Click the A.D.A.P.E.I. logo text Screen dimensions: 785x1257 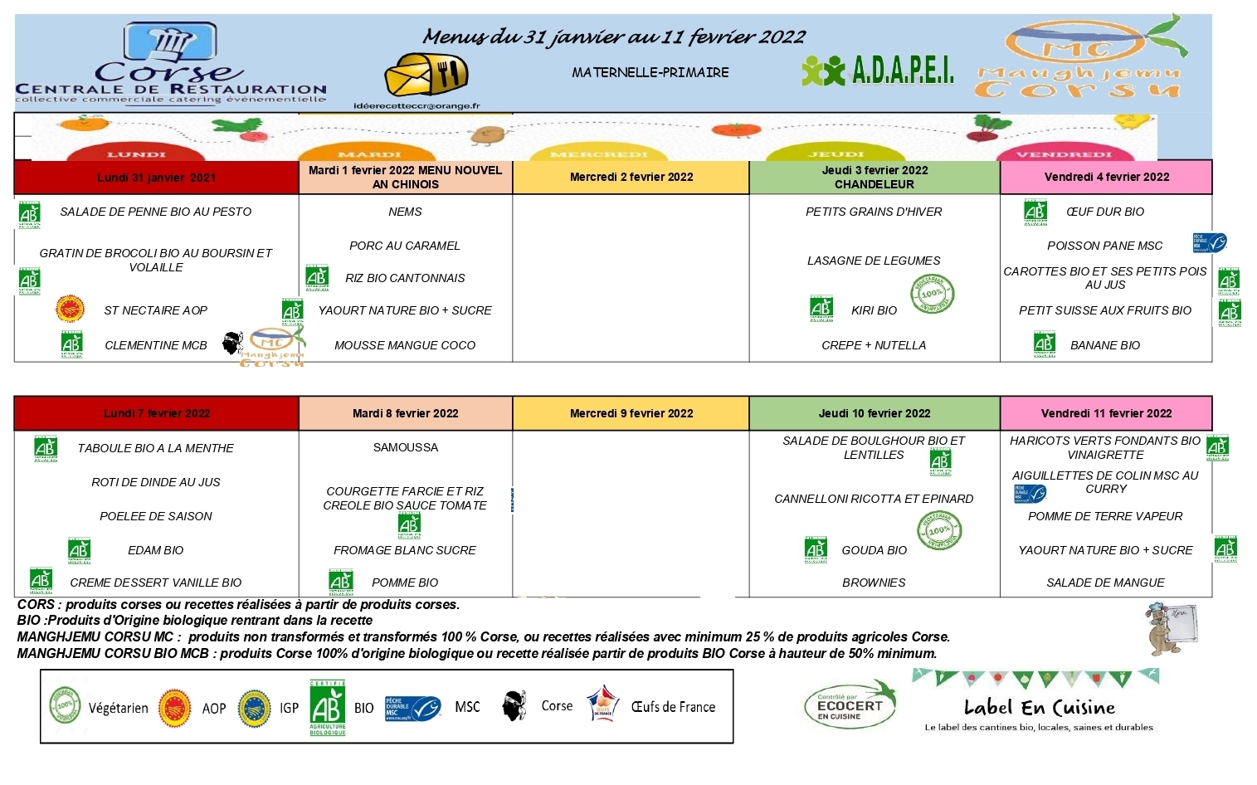(903, 71)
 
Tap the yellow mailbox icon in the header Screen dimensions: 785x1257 (426, 76)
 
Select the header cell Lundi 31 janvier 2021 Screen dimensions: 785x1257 (156, 178)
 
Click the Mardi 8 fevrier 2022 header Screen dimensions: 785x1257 (405, 413)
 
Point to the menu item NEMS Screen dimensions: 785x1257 (405, 212)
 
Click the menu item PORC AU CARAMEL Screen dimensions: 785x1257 (405, 246)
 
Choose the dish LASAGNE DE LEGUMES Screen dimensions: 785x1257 (874, 261)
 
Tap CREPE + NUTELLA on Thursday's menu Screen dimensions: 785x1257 (874, 345)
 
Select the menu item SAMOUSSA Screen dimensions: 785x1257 (405, 447)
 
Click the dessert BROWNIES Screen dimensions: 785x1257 (874, 583)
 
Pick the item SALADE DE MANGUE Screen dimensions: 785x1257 (1105, 583)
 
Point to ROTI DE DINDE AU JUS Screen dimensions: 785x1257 (156, 482)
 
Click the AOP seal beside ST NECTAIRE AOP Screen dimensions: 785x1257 (70, 309)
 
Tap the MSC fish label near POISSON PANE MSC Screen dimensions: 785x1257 (1209, 243)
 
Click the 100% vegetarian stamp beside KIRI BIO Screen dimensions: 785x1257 (932, 294)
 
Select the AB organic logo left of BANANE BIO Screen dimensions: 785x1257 (1044, 344)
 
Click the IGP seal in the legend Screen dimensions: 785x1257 (254, 708)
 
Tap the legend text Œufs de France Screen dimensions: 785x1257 (673, 707)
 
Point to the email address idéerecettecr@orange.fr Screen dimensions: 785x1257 (417, 106)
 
